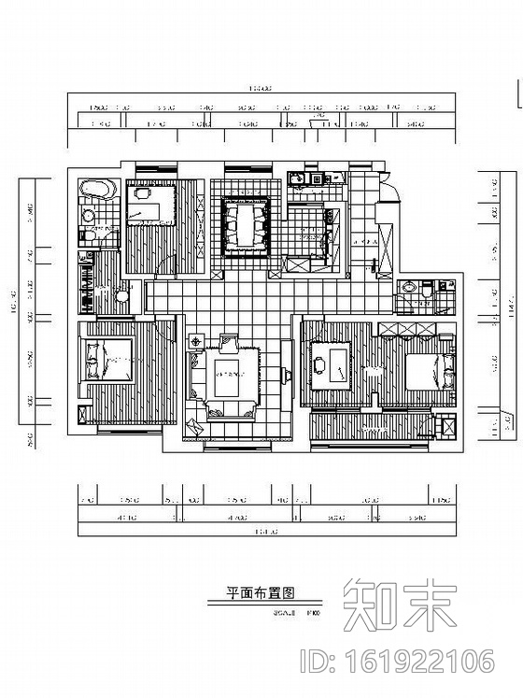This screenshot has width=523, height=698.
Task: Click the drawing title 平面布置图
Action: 261,592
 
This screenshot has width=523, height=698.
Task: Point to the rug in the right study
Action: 329,366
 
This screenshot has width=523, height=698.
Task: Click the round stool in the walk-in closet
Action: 121,296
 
